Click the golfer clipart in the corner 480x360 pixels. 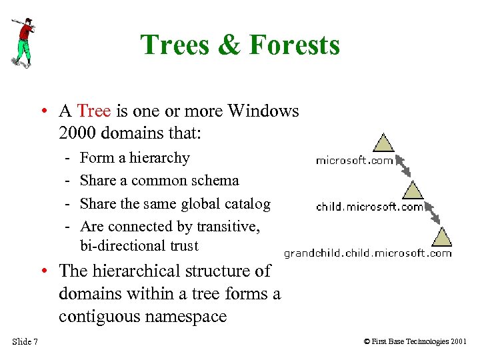pos(23,42)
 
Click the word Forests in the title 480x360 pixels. pos(294,45)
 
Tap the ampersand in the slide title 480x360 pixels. pos(228,45)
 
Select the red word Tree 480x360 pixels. pos(93,111)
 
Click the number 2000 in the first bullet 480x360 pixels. pos(80,133)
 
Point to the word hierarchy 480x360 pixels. pos(161,158)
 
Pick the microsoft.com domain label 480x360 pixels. pos(354,161)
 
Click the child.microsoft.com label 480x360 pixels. pos(369,207)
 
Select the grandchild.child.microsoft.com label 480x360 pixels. pos(367,253)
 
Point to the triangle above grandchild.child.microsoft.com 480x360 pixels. pos(441,236)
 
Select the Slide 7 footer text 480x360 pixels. pos(25,342)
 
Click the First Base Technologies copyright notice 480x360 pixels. pos(415,342)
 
